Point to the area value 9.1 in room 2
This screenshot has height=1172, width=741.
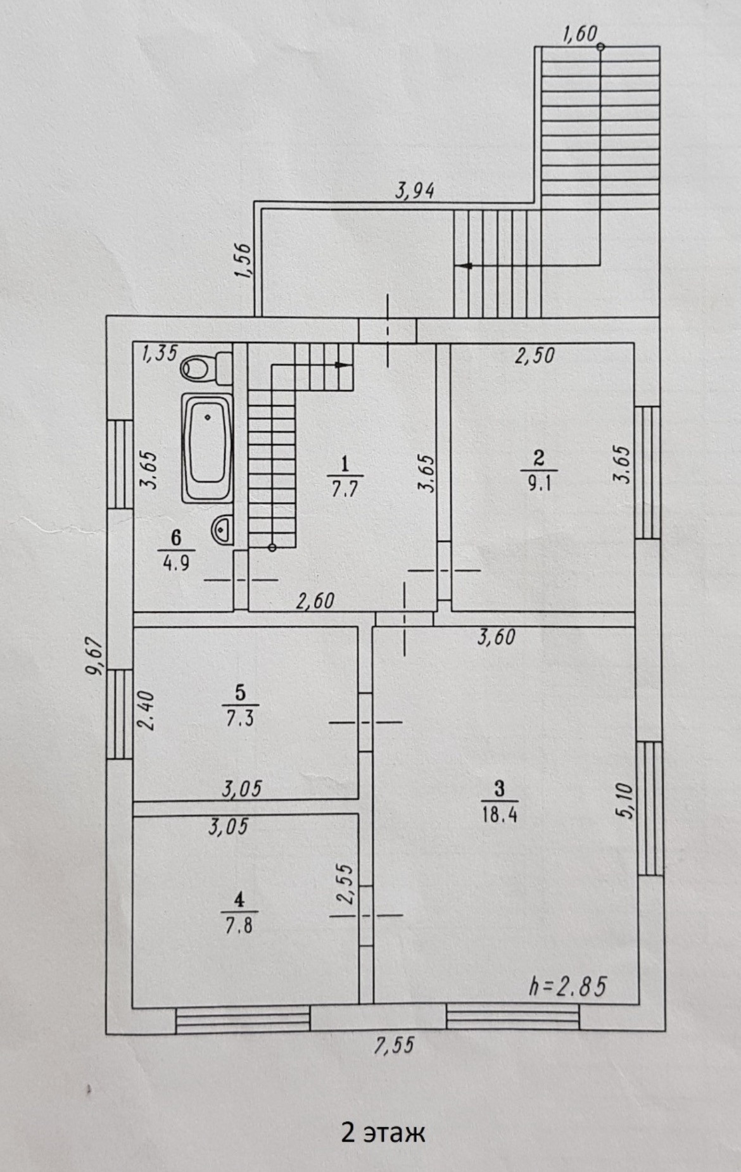click(x=539, y=482)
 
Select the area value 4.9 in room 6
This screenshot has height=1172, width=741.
click(x=175, y=562)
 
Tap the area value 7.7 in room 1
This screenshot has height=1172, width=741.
click(x=345, y=489)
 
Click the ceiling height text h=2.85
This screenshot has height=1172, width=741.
click(x=567, y=986)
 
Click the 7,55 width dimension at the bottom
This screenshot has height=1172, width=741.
click(x=393, y=1044)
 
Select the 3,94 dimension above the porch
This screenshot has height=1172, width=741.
click(x=415, y=190)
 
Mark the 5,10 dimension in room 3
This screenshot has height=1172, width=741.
click(x=624, y=802)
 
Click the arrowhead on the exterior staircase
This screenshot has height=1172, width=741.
click(x=467, y=266)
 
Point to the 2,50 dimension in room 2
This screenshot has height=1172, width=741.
click(x=535, y=355)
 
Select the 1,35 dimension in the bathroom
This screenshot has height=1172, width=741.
click(x=160, y=353)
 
